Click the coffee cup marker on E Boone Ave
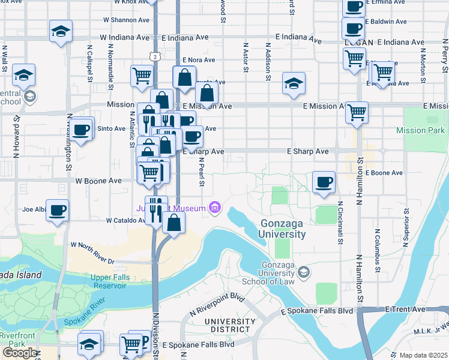[x=324, y=182]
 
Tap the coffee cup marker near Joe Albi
[x=57, y=210]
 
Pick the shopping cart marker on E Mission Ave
[x=357, y=112]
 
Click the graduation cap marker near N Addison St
[x=294, y=83]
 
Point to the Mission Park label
[x=420, y=130]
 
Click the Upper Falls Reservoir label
[x=109, y=281]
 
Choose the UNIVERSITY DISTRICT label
[x=226, y=325]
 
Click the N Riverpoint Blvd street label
[x=217, y=304]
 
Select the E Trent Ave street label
[x=406, y=309]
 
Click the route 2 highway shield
[x=155, y=56]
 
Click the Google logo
[x=19, y=352]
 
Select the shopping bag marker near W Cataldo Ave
[x=173, y=223]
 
